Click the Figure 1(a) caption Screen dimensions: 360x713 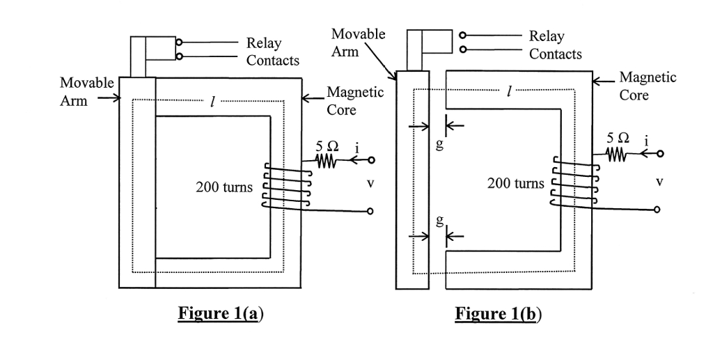221,313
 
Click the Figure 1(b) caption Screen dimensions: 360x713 498,313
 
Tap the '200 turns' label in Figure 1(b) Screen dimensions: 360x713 516,184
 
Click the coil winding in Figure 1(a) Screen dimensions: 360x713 285,186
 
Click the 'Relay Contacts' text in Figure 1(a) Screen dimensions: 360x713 272,52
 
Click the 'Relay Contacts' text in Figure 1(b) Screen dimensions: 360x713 555,45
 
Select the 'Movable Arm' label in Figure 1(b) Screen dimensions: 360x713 358,42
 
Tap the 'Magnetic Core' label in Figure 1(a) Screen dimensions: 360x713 354,101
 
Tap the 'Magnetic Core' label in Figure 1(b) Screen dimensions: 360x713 648,86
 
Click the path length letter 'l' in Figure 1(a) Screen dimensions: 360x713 210,102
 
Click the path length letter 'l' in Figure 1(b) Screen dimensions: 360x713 510,91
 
